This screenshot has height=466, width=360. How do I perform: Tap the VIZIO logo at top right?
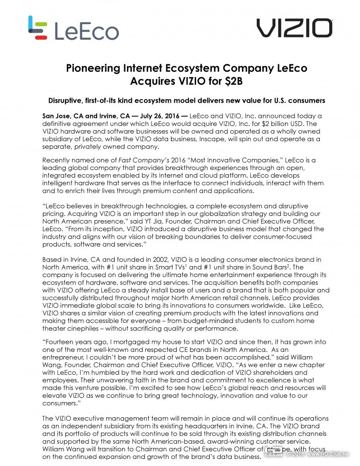pos(294,28)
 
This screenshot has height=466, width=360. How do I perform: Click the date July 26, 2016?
pos(159,116)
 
